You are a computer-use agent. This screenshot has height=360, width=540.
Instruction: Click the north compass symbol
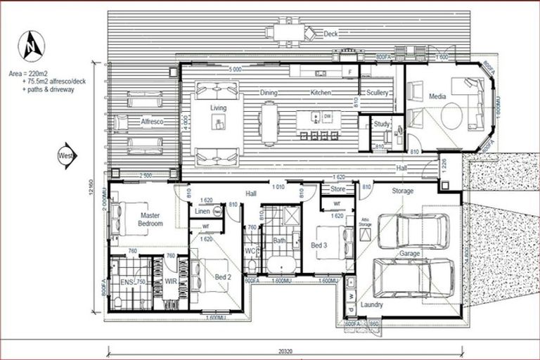point(31,46)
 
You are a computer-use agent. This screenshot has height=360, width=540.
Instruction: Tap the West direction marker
point(67,155)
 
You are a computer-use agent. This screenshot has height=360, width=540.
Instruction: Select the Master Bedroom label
point(150,219)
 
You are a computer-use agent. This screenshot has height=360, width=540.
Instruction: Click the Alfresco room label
point(152,122)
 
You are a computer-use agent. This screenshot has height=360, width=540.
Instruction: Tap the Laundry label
point(371,305)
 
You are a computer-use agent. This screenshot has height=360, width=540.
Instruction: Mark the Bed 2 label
point(223,278)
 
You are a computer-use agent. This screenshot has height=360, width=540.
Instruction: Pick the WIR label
point(170,282)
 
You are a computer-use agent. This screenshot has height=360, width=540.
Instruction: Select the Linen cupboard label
point(202,211)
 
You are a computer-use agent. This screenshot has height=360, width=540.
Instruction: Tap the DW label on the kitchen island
point(327,117)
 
